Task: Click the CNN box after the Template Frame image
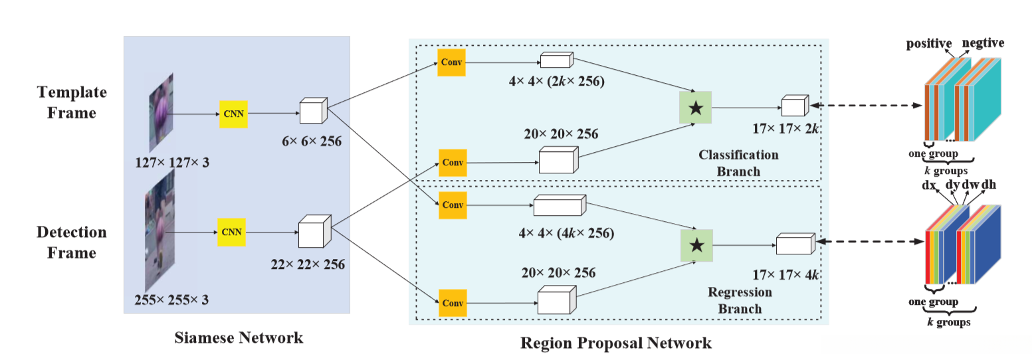point(233,114)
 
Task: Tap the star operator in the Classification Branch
point(695,108)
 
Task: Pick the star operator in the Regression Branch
point(696,245)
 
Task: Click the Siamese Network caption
point(239,337)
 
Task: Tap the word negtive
point(983,43)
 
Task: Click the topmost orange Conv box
point(451,62)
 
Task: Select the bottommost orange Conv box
point(452,303)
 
